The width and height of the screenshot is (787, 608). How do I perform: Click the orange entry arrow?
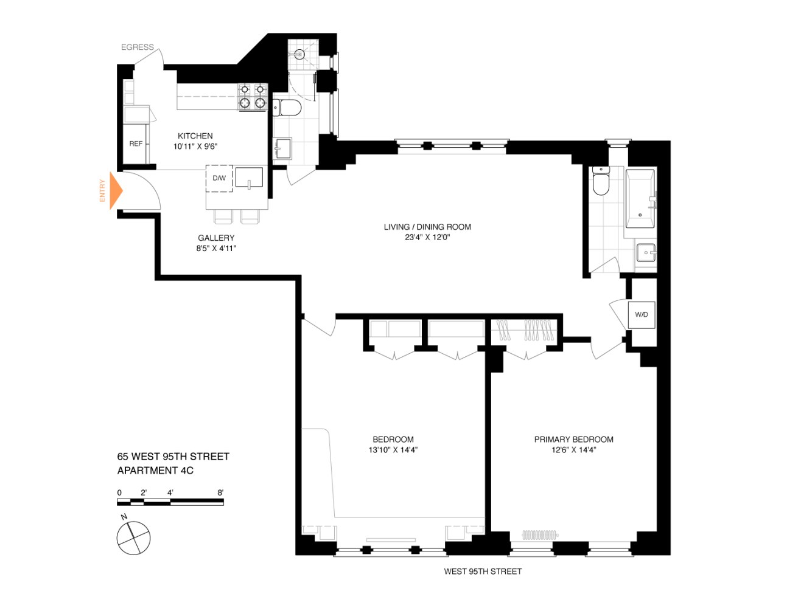coord(116,191)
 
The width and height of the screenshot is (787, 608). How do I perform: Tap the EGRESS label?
coord(137,47)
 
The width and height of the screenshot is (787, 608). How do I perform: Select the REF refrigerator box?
coord(136,143)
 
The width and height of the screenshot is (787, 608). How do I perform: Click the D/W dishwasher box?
coord(219,178)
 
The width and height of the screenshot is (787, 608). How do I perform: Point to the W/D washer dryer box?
coord(642,314)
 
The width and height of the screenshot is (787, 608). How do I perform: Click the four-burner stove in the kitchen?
coord(252,96)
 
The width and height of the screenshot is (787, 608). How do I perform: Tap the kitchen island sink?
coord(249,178)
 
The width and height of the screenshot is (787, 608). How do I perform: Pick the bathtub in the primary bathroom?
coord(640,198)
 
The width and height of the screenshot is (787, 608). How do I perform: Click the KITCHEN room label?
coord(195,136)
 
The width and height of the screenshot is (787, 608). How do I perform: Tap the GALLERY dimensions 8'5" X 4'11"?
coord(216,248)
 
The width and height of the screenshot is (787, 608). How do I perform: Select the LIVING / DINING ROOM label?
coord(427,227)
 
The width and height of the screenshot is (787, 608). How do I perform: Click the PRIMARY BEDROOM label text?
coord(573,439)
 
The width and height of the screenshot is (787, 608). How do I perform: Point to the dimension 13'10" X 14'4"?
coord(393,450)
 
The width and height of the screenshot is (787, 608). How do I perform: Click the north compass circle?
coord(133,538)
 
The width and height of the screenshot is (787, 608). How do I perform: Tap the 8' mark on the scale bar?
coord(221,492)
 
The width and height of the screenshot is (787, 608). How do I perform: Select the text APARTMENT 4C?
coord(155,470)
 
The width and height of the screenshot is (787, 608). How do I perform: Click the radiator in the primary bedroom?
coord(539,535)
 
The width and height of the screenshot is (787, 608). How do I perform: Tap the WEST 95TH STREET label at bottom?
coord(483,571)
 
